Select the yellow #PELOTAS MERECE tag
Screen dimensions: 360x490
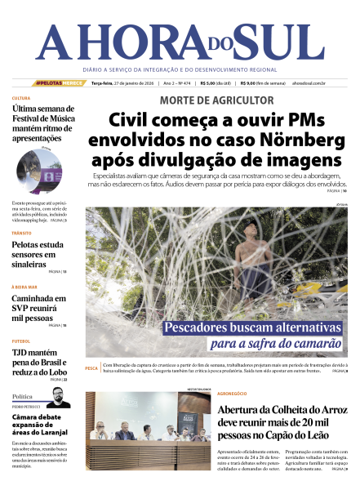(x=60, y=83)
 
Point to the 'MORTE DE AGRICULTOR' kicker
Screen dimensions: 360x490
(x=217, y=100)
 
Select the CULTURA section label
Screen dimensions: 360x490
(x=21, y=99)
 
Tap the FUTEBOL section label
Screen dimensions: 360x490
(x=22, y=341)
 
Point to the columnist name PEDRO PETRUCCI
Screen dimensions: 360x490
(x=28, y=406)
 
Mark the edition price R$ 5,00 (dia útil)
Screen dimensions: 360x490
(x=216, y=83)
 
